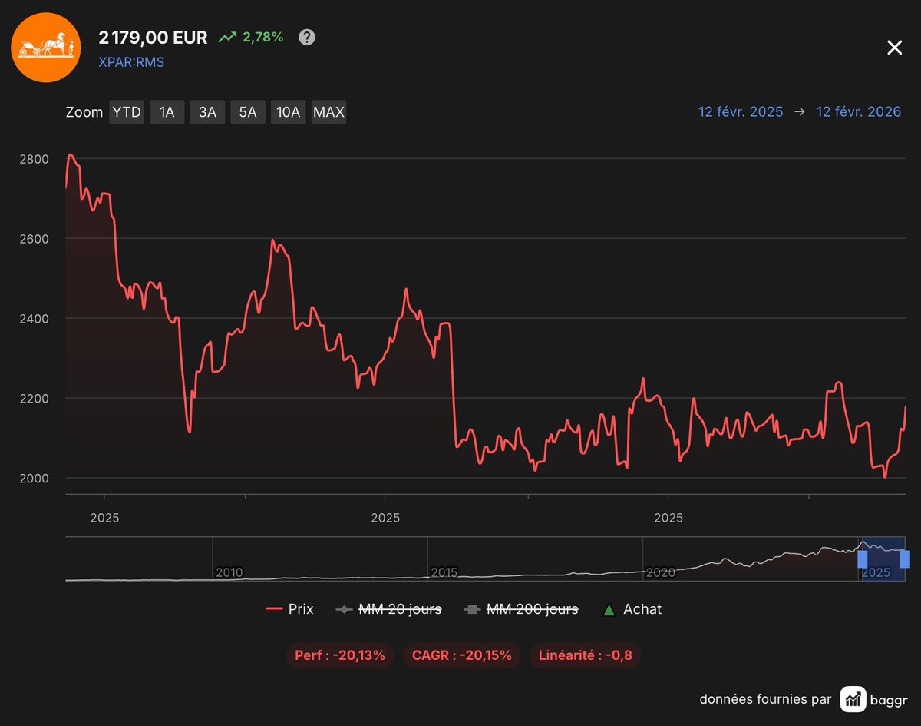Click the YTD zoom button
coord(127,112)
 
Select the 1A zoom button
coord(167,112)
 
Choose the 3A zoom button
coord(207,112)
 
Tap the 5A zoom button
coord(248,112)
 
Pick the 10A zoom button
coord(288,112)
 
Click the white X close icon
coord(894,48)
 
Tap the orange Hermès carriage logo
coord(45,47)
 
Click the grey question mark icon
coord(307,37)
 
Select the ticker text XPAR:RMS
coord(131,62)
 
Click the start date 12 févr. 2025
coord(741,112)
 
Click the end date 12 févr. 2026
coord(858,112)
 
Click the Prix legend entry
coord(289,609)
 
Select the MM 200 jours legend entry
coord(522,609)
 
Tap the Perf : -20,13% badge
coord(340,655)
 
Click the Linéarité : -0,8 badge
coord(585,655)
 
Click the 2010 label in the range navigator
coord(229,572)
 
